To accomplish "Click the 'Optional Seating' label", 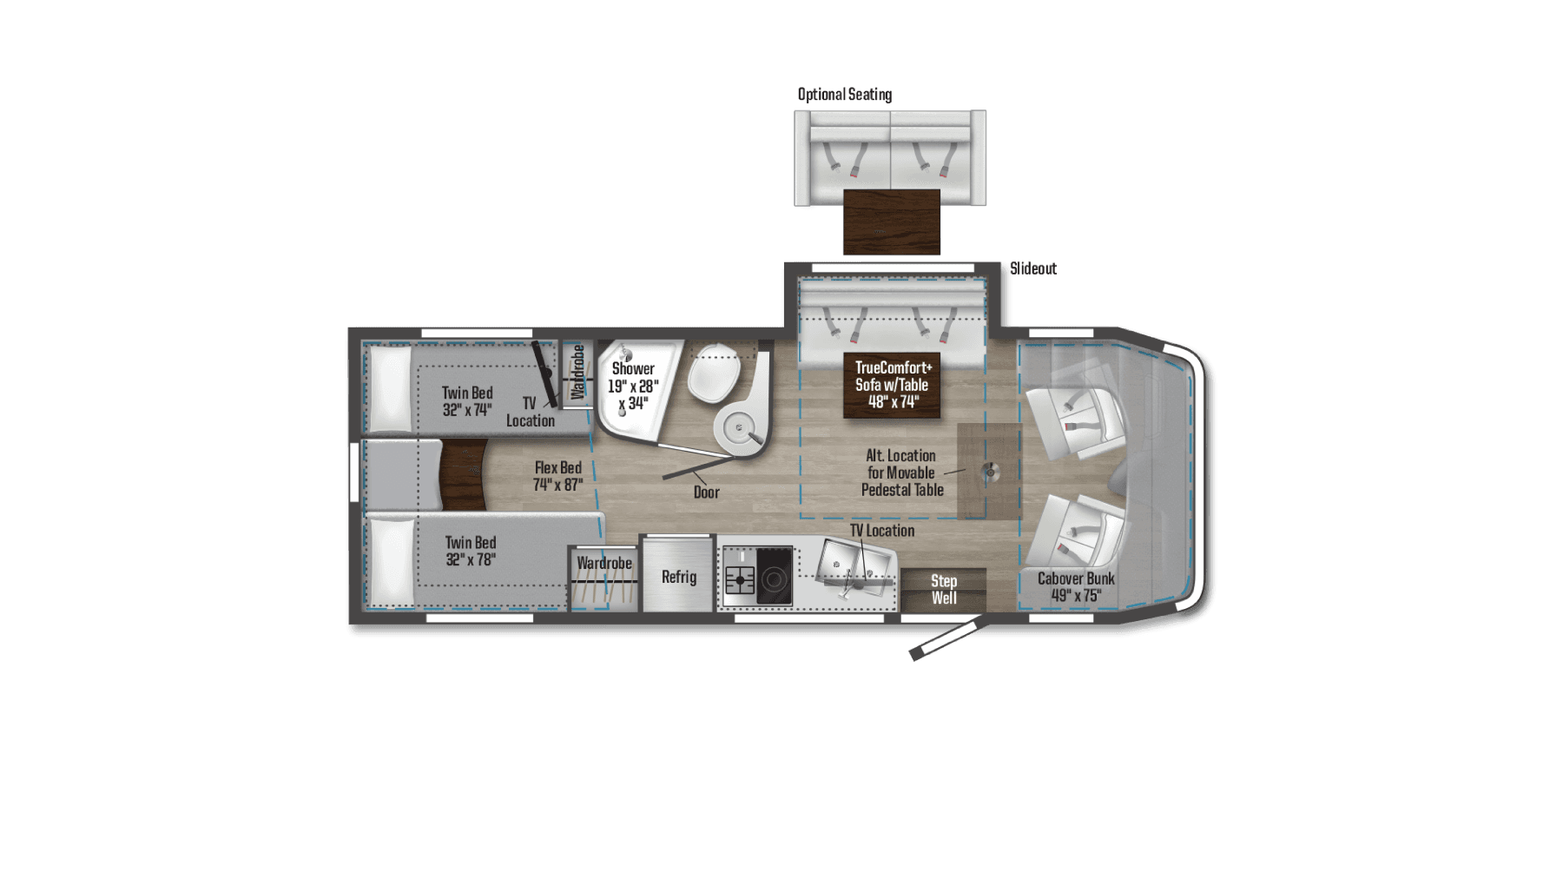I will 845,94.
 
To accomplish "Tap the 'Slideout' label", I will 1032,268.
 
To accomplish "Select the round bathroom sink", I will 739,427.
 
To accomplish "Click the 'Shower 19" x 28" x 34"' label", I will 633,386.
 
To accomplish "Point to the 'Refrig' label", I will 678,577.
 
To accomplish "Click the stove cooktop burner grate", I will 740,578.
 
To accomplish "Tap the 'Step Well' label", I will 944,589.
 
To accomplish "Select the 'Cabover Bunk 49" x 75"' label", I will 1076,586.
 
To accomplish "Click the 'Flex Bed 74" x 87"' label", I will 557,476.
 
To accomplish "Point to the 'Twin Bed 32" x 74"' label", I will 467,401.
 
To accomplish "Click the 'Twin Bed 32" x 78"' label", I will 470,551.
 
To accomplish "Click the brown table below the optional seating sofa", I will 892,221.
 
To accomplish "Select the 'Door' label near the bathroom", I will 706,492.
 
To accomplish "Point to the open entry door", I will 946,638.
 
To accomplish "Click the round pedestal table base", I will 990,472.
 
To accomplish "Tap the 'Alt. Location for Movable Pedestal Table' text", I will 901,473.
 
